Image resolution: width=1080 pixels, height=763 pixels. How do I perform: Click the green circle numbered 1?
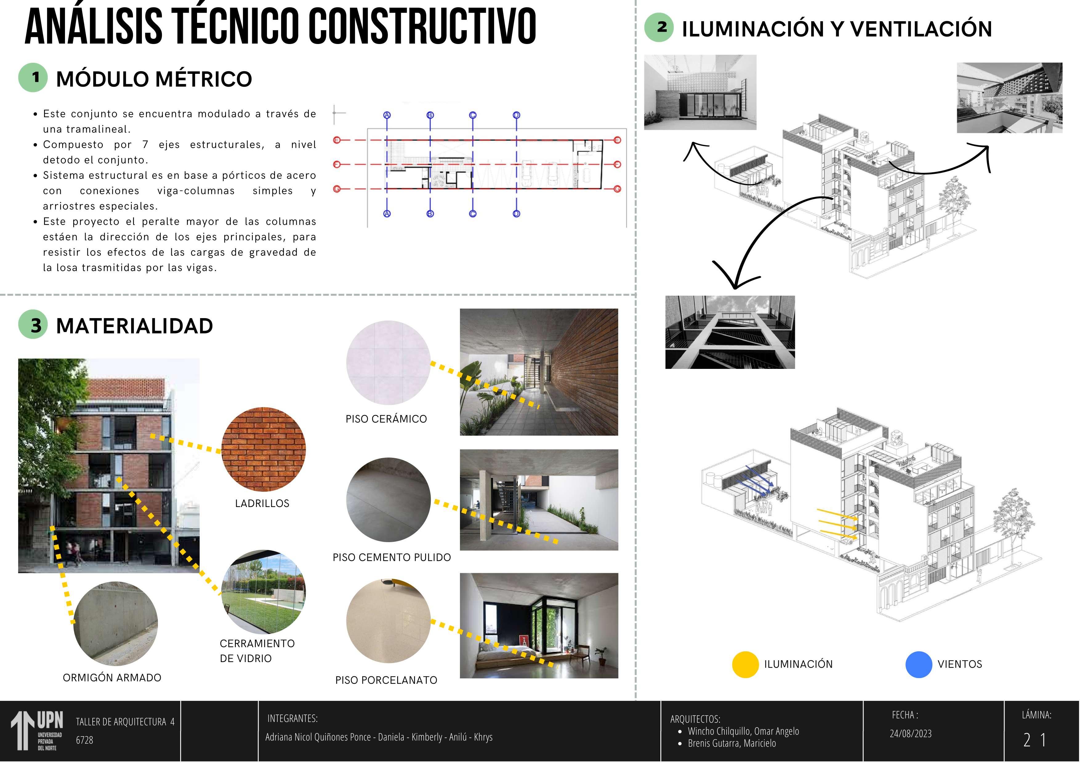click(x=33, y=78)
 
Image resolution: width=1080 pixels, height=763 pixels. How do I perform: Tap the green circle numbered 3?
click(x=33, y=325)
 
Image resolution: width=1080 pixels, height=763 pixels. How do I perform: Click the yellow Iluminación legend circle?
click(x=745, y=664)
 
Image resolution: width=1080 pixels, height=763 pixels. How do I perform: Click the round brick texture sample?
click(x=264, y=449)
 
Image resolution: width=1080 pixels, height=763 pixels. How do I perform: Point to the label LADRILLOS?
click(x=262, y=504)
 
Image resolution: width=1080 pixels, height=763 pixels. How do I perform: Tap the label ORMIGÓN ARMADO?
click(x=112, y=677)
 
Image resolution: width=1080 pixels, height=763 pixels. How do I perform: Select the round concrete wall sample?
click(x=116, y=624)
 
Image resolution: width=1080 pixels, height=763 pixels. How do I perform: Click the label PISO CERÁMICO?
click(x=386, y=419)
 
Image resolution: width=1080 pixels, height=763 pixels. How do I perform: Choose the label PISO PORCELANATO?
click(x=386, y=680)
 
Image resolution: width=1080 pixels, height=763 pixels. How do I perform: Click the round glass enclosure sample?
click(x=264, y=592)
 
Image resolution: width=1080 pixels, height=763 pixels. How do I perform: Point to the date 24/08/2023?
click(x=911, y=733)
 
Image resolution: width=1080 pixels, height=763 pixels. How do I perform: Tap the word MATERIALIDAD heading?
click(x=135, y=326)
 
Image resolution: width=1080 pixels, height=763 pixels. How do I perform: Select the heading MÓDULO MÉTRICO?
click(x=154, y=79)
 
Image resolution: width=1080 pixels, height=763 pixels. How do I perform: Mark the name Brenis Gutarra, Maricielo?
click(x=732, y=743)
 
